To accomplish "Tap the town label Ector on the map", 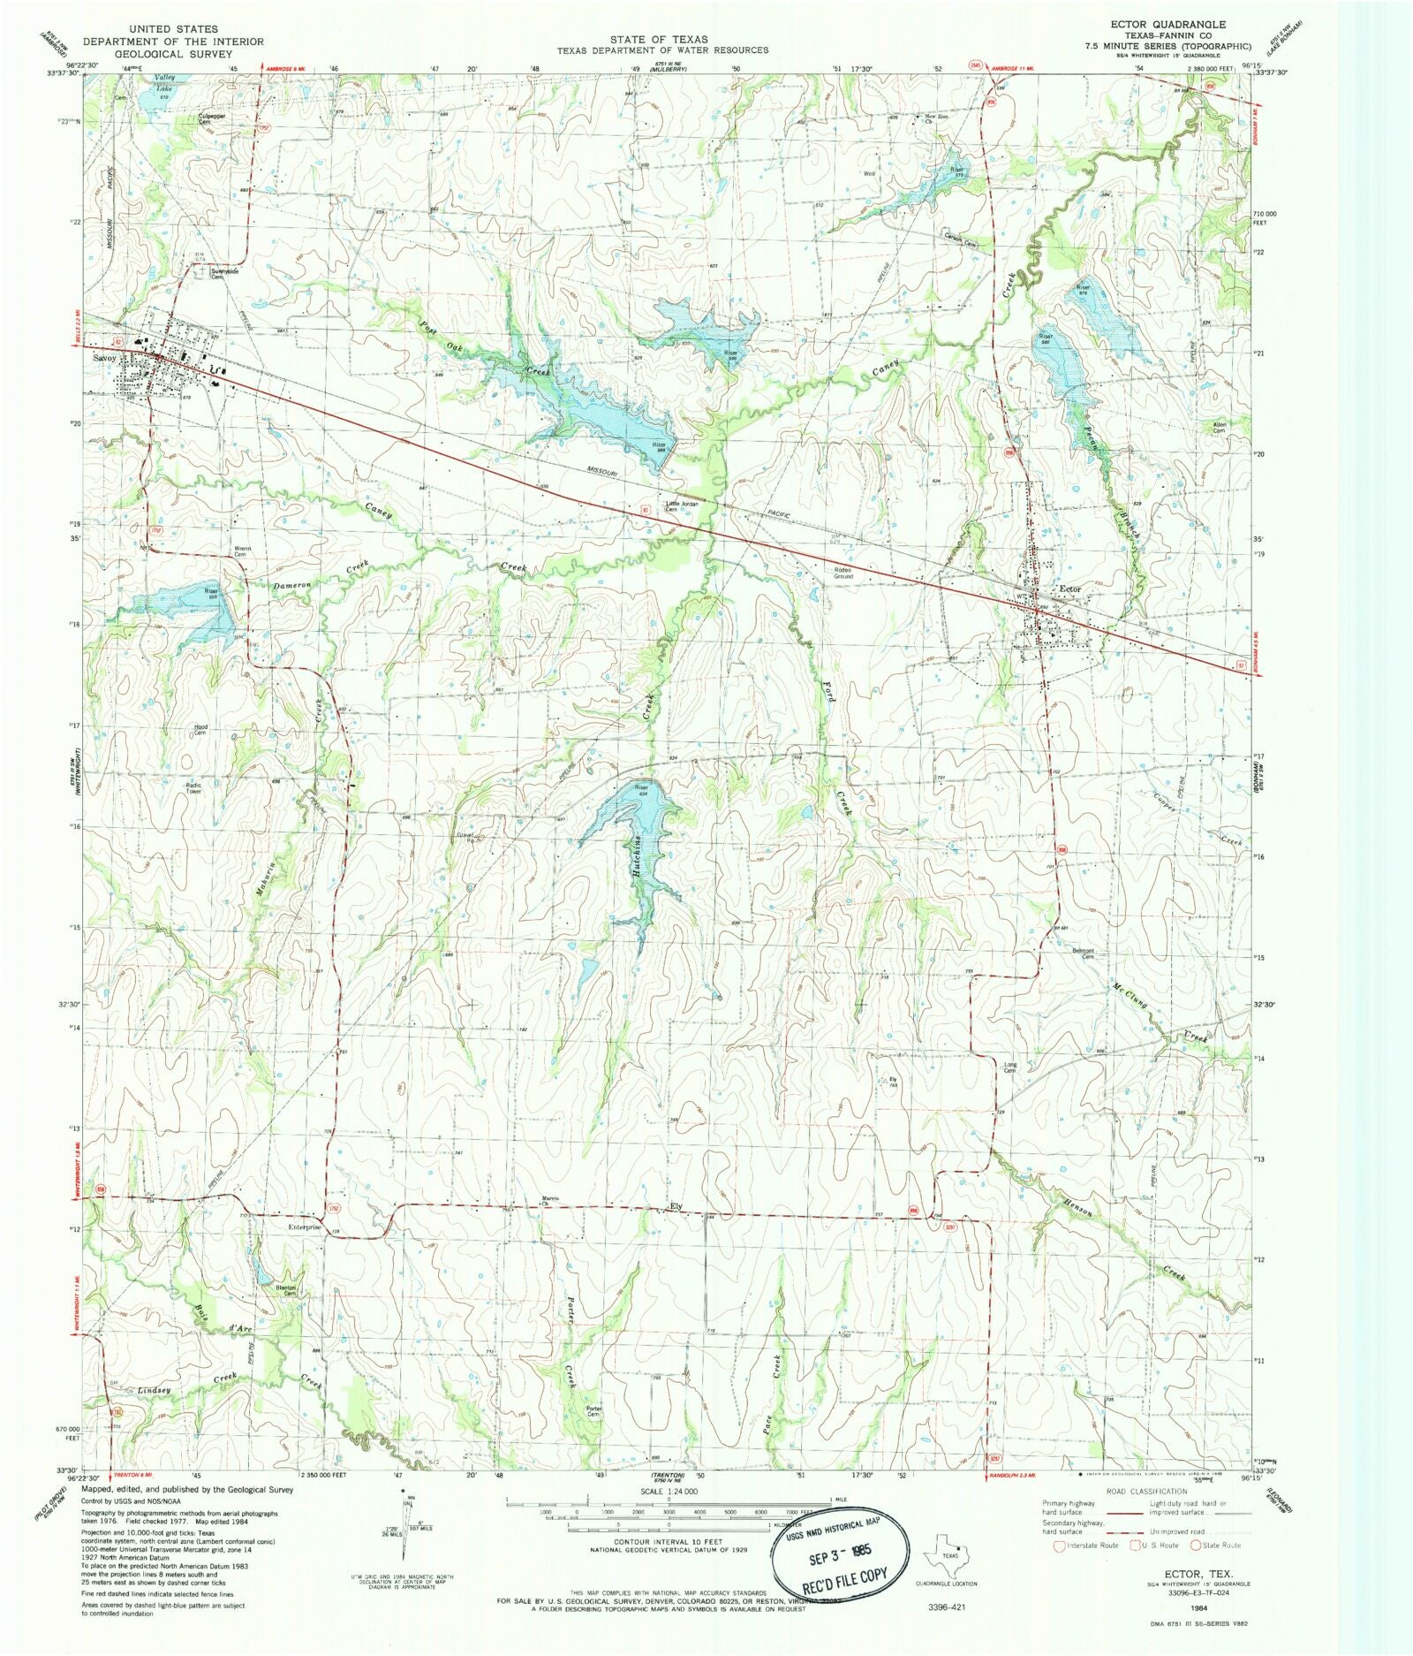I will (x=1069, y=589).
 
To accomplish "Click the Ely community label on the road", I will (x=676, y=1206).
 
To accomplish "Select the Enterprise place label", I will (x=303, y=1227).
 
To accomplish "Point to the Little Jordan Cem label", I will (x=682, y=506).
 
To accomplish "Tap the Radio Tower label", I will (x=193, y=787).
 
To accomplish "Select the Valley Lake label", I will (x=165, y=83).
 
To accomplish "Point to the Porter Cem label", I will (x=593, y=1412).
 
